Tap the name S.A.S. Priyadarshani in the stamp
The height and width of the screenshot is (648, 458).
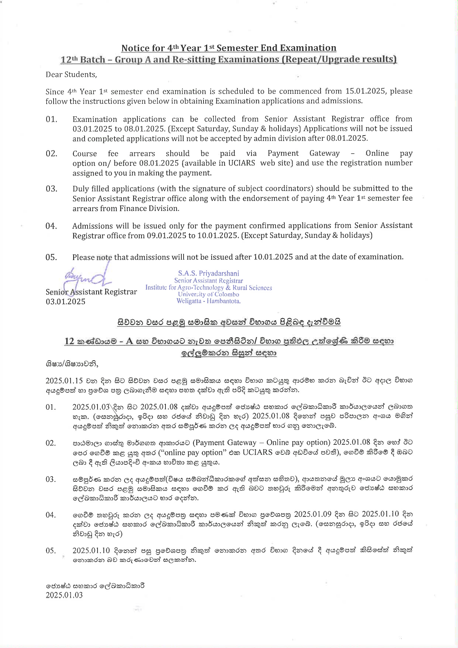208,273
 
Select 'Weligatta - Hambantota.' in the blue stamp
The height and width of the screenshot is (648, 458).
208,301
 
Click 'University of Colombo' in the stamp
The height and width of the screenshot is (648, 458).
208,294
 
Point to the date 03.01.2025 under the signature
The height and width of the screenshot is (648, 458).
65,302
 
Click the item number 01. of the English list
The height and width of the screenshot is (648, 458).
51,119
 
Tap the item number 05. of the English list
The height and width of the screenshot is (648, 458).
51,258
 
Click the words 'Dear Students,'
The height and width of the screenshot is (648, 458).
71,75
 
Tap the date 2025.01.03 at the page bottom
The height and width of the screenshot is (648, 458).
64,595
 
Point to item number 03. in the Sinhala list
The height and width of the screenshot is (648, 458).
51,480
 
